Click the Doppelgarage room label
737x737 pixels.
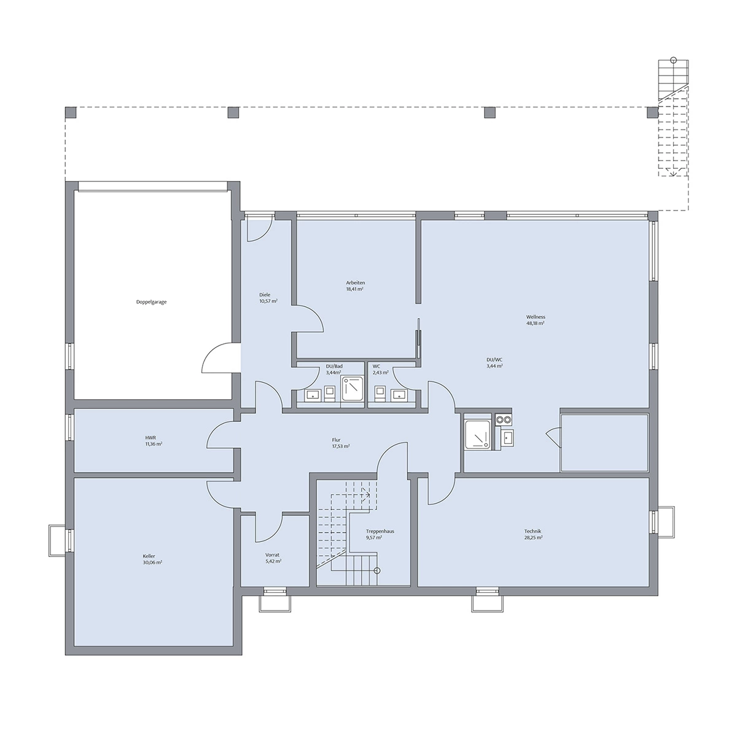152,302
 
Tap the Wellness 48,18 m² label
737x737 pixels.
536,320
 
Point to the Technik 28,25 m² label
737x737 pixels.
532,534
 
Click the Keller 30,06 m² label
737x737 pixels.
152,559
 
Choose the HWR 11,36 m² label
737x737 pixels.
154,440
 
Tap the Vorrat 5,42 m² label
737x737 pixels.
273,558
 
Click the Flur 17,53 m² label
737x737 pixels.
340,443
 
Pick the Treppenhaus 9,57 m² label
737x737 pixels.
380,534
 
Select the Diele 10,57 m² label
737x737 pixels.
268,297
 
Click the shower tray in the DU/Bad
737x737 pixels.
351,389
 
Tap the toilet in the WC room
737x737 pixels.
379,393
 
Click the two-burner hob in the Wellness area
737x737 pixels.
504,419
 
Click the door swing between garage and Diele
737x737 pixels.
218,358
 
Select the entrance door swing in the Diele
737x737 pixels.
259,229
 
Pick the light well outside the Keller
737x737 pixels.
57,541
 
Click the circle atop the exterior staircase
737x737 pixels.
674,60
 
